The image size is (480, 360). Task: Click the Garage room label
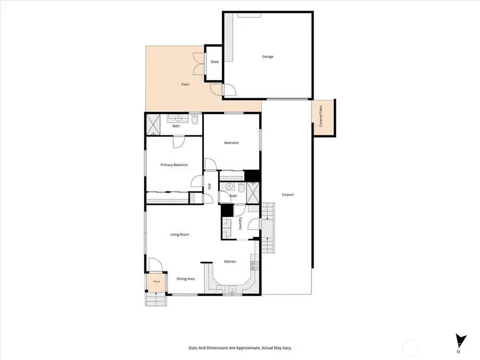(x=268, y=57)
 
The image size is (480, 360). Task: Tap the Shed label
(x=214, y=62)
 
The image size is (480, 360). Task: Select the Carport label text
(x=288, y=195)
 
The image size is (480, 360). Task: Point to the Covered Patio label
(x=321, y=116)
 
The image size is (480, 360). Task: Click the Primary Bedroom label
(x=174, y=165)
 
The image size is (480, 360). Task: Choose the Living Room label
(x=180, y=235)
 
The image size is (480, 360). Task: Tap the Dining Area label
(x=186, y=278)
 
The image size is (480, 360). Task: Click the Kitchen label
(x=230, y=261)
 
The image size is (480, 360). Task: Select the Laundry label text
(x=241, y=223)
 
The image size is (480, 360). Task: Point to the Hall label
(x=210, y=186)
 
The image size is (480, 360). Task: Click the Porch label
(x=156, y=282)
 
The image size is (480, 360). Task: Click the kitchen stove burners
(x=255, y=266)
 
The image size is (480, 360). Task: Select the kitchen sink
(x=233, y=289)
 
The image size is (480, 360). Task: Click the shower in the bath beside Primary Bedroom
(x=153, y=125)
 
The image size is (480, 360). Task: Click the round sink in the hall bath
(x=228, y=186)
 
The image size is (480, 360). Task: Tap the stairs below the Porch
(x=156, y=299)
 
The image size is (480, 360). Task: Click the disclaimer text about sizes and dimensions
(x=240, y=348)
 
